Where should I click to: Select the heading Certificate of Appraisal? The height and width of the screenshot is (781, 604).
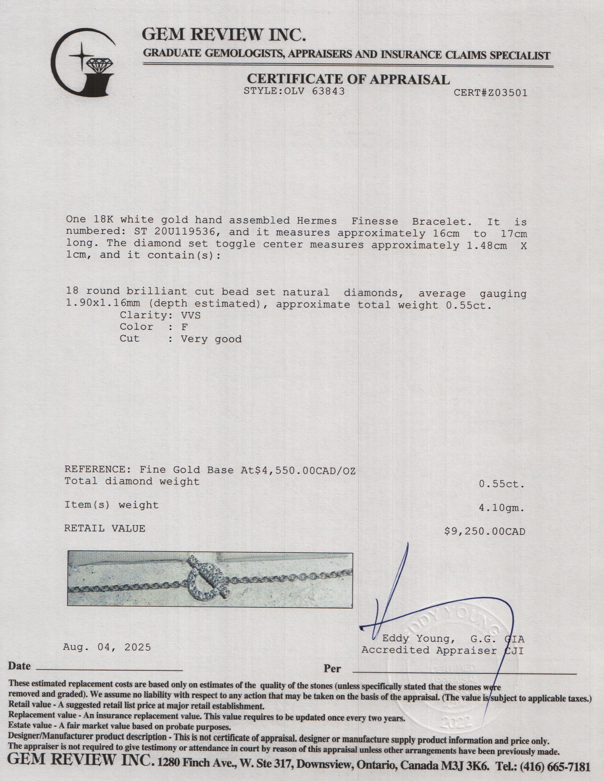[x=348, y=79]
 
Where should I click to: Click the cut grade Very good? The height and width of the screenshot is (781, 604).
[x=211, y=339]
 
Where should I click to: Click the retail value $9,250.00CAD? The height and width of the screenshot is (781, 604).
[x=485, y=532]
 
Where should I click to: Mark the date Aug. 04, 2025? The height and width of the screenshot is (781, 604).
[x=107, y=647]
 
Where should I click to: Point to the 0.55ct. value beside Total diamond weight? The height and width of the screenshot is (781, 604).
[x=502, y=484]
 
